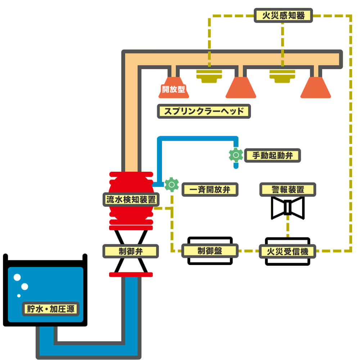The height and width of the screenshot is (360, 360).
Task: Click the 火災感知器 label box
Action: point(283,15)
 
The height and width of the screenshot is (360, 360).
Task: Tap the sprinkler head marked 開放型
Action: point(174,87)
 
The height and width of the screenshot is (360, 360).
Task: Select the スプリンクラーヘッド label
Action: point(204,111)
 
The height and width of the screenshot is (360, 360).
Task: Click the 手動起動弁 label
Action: point(272,156)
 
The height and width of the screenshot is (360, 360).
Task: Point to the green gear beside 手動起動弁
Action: point(236,155)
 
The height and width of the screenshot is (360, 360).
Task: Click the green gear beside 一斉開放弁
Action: point(171,185)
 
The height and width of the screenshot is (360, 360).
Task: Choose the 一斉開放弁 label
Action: point(210,190)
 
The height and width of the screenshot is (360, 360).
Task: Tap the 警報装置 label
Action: point(288,190)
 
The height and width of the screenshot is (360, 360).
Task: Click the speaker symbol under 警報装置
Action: point(288,208)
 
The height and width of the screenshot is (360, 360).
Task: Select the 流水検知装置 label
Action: point(131,199)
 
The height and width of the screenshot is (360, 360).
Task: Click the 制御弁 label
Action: point(131,251)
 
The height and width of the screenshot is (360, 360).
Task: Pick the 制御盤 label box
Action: point(210,251)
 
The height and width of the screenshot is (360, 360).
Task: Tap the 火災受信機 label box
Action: point(287,251)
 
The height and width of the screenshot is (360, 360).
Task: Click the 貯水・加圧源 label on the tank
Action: point(51,309)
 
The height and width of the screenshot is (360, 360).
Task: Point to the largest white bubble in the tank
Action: point(17,277)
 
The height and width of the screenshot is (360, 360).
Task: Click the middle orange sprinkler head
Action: point(241,87)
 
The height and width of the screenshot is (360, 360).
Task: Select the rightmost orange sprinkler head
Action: point(316,87)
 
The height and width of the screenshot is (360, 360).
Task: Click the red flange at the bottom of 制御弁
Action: point(131,274)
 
